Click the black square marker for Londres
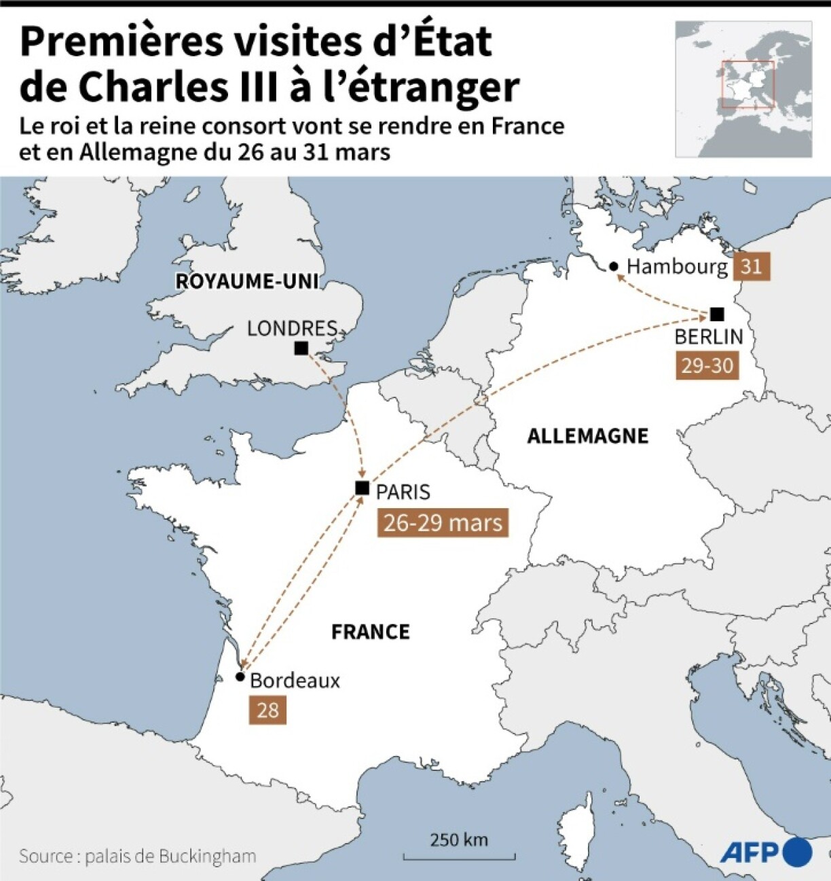click(301, 348)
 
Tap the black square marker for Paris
click(363, 488)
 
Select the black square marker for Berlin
click(717, 314)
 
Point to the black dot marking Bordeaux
click(240, 677)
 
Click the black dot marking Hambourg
click(614, 266)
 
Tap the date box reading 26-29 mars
click(443, 523)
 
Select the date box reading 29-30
click(707, 365)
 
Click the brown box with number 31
click(751, 266)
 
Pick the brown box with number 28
click(267, 711)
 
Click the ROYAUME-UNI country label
click(248, 281)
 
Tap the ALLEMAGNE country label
click(588, 436)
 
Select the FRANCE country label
click(371, 632)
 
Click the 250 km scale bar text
click(459, 840)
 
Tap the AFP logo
click(766, 852)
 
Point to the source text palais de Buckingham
click(170, 856)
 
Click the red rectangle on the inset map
click(747, 84)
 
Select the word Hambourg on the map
click(677, 266)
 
